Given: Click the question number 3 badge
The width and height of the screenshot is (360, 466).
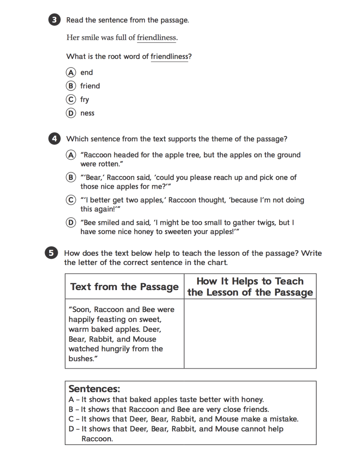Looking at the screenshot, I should pos(54,20).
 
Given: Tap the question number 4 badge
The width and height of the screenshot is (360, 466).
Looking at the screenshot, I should pos(54,139).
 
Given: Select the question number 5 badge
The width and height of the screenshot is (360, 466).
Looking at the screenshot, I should pos(51,253).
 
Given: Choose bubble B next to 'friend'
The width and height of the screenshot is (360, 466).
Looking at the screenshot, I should pos(71,86).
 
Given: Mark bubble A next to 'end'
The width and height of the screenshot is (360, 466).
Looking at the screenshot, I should pos(71,72).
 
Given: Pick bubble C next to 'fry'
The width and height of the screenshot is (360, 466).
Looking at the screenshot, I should pos(71,99).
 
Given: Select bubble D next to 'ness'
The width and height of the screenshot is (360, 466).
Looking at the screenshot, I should pos(71,113).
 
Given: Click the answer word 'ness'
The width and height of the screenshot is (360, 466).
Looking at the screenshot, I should pos(87,113).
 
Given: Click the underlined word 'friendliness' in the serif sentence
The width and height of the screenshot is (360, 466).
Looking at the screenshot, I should pos(156,38).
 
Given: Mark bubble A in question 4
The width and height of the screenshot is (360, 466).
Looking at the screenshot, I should pos(71,155).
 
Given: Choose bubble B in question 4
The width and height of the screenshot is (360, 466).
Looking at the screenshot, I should pos(71,177).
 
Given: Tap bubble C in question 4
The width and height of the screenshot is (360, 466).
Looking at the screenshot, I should pos(71,200).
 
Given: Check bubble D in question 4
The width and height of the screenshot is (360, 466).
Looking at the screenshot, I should pos(71,222).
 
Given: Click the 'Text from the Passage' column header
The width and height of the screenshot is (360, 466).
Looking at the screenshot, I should pos(124,287).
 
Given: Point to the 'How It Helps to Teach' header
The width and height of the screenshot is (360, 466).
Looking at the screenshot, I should pos(250,281).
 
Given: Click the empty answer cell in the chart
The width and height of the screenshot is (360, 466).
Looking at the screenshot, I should pos(250,333).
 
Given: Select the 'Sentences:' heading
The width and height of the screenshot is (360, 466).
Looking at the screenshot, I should pos(94,389).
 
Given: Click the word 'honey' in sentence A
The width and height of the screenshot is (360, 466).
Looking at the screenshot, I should pos(252,400).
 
